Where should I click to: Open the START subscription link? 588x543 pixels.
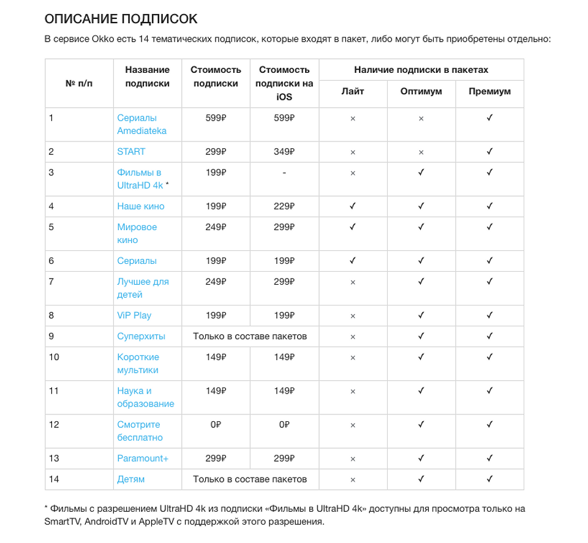point(131,152)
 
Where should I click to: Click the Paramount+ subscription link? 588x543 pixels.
point(143,459)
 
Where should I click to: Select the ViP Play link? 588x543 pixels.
point(134,316)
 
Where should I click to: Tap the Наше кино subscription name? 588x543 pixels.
point(141,206)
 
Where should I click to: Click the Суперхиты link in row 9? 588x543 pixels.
point(141,337)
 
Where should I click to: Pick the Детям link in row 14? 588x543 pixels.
point(131,479)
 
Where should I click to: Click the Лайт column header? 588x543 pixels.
point(353,91)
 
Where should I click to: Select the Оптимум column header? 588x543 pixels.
point(421,91)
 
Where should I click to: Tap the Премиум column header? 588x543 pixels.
point(489,91)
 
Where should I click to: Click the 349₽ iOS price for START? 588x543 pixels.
point(284,152)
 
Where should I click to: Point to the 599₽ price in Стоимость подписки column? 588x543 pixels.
point(216,118)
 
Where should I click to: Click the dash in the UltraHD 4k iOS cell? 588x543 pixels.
point(284,173)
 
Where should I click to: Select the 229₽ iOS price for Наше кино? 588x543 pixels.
point(284,206)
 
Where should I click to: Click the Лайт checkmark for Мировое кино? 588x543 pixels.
point(353,227)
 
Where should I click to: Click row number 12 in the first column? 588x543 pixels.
point(54,425)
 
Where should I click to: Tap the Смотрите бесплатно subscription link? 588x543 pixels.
point(140,431)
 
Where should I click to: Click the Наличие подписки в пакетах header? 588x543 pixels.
point(421,70)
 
